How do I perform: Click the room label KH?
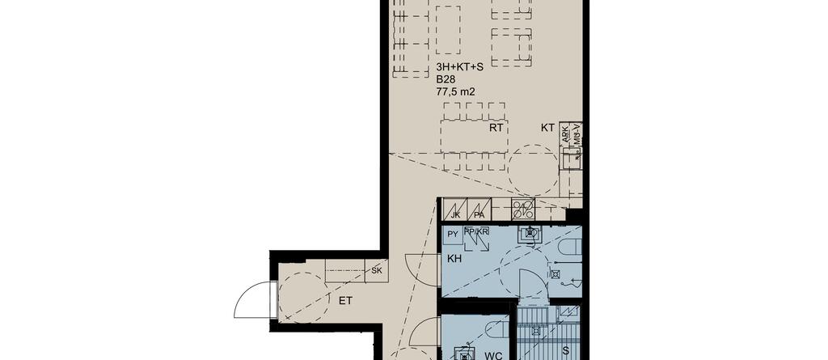point(454,259)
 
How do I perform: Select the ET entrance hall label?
point(345,301)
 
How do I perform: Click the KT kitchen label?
point(547,127)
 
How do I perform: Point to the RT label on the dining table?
point(496,127)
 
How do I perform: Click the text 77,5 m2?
point(455,91)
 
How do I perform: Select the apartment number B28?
point(446,79)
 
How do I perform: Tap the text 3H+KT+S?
point(459,67)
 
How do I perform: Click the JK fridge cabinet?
point(454,210)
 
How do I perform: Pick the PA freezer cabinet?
point(479,210)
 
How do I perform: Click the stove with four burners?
point(523,210)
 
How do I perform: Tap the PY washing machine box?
point(453,234)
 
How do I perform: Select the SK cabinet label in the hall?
point(377,271)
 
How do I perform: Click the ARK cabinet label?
point(565,132)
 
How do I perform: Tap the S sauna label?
point(565,350)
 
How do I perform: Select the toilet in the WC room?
point(497,328)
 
